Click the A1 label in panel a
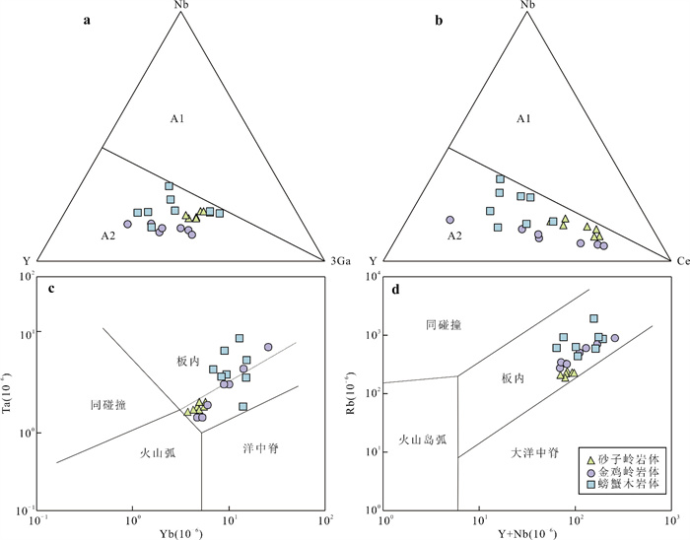[177, 119]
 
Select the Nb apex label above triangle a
[178, 7]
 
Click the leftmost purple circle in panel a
[127, 225]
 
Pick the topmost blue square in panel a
[169, 185]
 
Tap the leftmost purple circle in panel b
[448, 220]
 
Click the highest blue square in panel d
[594, 318]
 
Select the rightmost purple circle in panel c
[267, 347]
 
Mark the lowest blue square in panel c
[242, 406]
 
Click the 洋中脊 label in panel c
[258, 448]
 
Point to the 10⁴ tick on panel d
[372, 279]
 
